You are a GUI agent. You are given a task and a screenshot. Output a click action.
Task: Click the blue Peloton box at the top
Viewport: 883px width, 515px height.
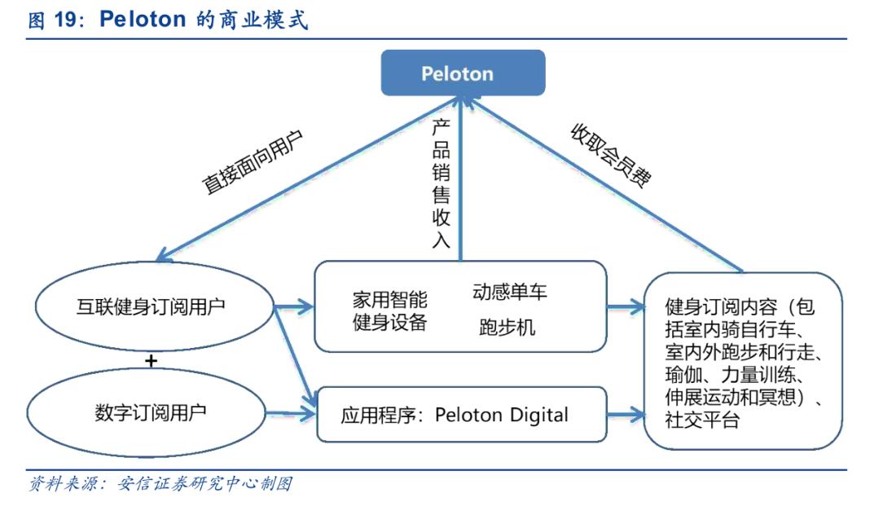(457, 73)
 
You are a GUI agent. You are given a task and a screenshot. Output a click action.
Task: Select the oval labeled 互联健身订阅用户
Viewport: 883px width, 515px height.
(152, 306)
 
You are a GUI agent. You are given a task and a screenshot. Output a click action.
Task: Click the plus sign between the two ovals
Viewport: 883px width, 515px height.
(151, 359)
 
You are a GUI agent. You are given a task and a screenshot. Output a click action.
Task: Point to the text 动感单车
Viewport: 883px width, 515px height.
(509, 292)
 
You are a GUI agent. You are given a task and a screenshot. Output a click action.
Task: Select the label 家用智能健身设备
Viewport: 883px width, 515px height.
(389, 310)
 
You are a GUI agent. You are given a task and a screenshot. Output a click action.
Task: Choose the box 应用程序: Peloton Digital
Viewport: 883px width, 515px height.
(461, 415)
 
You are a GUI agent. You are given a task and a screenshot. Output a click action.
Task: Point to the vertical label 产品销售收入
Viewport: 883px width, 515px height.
(441, 184)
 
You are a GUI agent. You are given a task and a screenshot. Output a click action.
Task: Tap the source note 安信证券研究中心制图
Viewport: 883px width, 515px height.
(204, 484)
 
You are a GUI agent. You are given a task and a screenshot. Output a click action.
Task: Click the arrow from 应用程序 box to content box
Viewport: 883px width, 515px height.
(626, 414)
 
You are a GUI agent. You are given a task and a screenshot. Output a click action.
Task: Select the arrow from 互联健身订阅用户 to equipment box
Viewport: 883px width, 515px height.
(295, 307)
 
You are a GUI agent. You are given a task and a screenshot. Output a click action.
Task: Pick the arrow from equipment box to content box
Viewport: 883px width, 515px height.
(626, 307)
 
